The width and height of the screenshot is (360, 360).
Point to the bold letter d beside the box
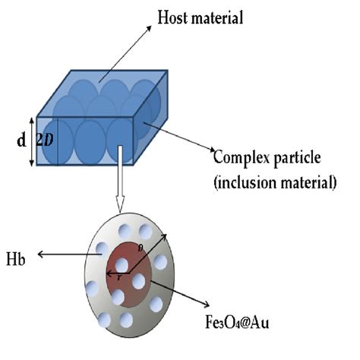tap(20, 141)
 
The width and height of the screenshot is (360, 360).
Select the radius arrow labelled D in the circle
tap(147, 254)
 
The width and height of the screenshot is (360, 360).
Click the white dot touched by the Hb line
tap(102, 248)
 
